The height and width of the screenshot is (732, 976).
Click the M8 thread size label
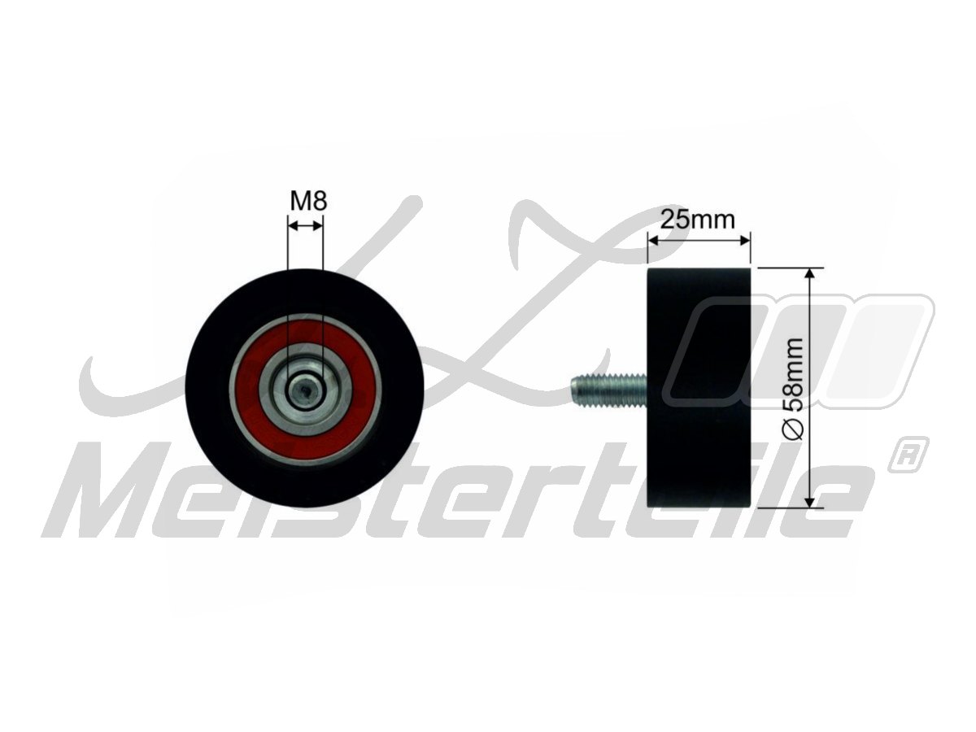(308, 201)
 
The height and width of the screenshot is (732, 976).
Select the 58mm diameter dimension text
(794, 376)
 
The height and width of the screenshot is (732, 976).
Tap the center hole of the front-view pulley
(305, 388)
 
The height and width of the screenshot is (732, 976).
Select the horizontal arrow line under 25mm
(698, 239)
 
